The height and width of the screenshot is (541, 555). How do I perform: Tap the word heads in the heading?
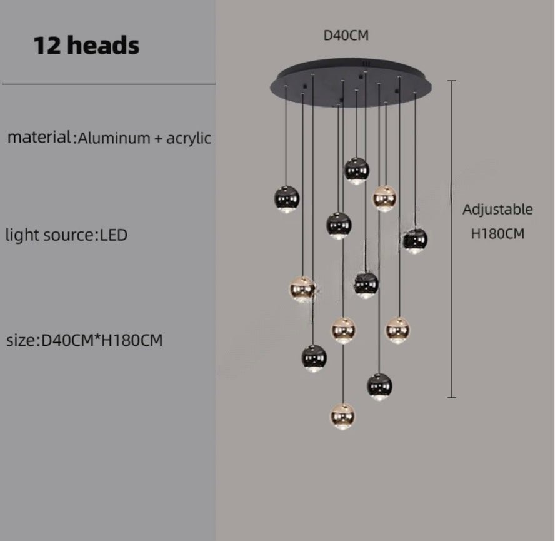pyautogui.click(x=103, y=45)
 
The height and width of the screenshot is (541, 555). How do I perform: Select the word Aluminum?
pyautogui.click(x=114, y=138)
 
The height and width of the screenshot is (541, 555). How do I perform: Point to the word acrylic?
pyautogui.click(x=189, y=138)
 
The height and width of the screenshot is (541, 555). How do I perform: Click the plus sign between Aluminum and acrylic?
pyautogui.click(x=158, y=139)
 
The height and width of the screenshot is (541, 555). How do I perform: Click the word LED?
pyautogui.click(x=114, y=235)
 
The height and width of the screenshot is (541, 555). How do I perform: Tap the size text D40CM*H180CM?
pyautogui.click(x=102, y=340)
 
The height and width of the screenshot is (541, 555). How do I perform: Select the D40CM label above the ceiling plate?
pyautogui.click(x=346, y=36)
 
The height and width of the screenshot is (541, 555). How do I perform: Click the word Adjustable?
pyautogui.click(x=497, y=210)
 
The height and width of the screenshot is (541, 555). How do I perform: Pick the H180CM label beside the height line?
pyautogui.click(x=497, y=233)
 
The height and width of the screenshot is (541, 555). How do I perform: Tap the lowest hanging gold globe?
pyautogui.click(x=342, y=417)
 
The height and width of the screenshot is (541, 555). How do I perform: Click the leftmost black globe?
pyautogui.click(x=287, y=199)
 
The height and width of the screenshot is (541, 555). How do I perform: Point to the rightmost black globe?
pyautogui.click(x=415, y=241)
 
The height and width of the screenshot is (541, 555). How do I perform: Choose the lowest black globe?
pyautogui.click(x=379, y=387)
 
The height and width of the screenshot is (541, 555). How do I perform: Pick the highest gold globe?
pyautogui.click(x=384, y=198)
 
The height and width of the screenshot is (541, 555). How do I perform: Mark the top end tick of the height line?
pyautogui.click(x=451, y=81)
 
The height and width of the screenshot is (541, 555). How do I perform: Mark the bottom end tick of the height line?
pyautogui.click(x=452, y=397)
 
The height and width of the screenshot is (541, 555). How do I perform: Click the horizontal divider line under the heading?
pyautogui.click(x=109, y=84)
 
